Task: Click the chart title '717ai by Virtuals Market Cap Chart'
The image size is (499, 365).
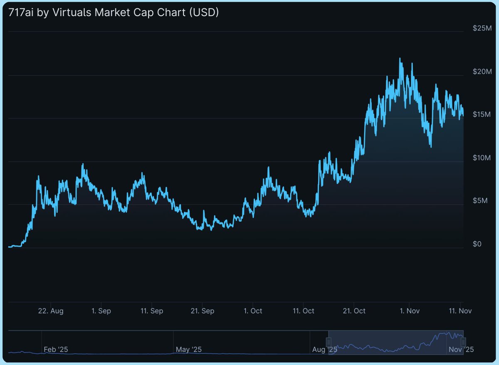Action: (114, 13)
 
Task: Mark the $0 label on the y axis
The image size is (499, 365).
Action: (477, 244)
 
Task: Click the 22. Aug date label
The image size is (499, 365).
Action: (51, 311)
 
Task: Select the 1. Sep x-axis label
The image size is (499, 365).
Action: (101, 311)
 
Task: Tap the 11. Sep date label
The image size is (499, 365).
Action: (152, 311)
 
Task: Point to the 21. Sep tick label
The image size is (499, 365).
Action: (203, 311)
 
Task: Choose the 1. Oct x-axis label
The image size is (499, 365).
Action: (253, 311)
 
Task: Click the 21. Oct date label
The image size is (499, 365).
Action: (354, 311)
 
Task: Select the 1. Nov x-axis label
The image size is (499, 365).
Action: (409, 311)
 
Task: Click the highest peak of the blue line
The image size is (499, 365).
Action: (400, 59)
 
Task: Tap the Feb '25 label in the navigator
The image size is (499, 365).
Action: (55, 349)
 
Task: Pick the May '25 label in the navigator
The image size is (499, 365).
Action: (188, 349)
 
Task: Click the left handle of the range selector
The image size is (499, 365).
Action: (329, 342)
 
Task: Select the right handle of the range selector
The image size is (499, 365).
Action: (463, 342)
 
